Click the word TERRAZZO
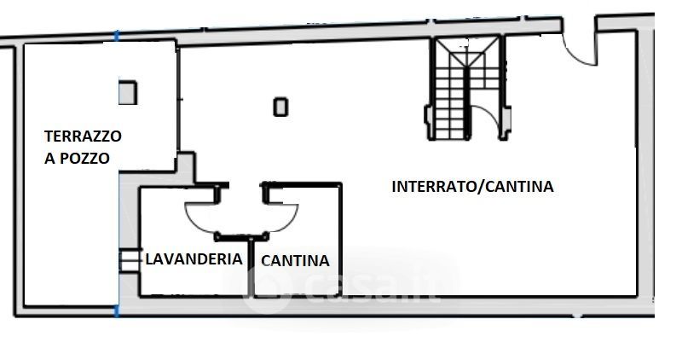(83, 136)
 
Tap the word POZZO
(84, 159)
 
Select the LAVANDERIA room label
(194, 259)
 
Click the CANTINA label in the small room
(295, 261)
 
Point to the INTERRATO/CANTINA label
(472, 186)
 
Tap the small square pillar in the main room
(280, 107)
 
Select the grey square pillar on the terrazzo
(128, 93)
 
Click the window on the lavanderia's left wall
(130, 260)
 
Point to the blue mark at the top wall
(116, 36)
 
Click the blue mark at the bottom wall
(116, 311)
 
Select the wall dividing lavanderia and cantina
(251, 268)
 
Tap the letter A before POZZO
(50, 159)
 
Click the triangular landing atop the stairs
(467, 52)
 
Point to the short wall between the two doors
(242, 237)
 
